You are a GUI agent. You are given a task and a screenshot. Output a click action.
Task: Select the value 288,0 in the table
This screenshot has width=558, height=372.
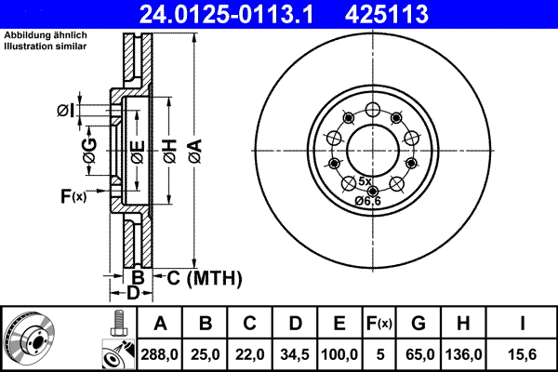click(160, 354)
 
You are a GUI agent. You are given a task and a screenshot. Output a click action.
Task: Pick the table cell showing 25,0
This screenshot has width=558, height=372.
click(206, 354)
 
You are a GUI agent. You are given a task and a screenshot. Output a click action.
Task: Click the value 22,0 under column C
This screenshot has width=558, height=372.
click(250, 354)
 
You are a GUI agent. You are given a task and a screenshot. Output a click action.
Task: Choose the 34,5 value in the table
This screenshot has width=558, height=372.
click(295, 354)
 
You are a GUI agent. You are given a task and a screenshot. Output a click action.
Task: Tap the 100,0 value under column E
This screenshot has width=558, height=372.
click(340, 354)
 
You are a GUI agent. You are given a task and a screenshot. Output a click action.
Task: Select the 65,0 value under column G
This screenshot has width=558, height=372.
click(418, 354)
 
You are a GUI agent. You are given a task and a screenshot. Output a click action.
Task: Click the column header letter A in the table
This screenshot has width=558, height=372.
click(160, 325)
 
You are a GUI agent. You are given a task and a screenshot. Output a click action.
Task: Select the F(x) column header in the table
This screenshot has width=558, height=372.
click(379, 325)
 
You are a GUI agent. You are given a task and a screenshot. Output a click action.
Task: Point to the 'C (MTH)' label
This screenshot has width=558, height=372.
click(198, 277)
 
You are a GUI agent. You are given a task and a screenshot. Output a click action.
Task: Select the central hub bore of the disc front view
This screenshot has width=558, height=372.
click(372, 146)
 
